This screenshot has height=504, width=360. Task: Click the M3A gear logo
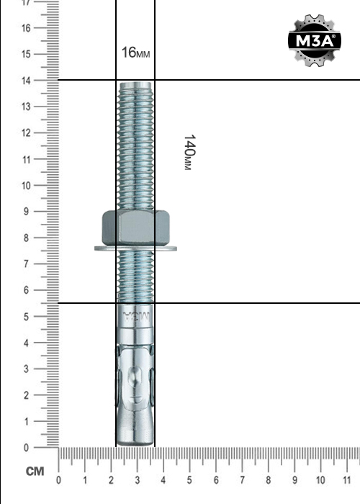coord(315,40)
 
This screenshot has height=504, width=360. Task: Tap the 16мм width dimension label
coord(135,53)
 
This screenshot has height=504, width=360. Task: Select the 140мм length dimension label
coord(189,152)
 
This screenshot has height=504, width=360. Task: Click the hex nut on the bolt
coord(135,228)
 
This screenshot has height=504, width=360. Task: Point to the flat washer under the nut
coord(135,248)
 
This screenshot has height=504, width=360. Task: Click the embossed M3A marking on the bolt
coord(136,317)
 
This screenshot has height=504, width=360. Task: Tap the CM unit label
coord(35,472)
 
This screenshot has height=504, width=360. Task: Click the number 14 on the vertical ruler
coord(26,81)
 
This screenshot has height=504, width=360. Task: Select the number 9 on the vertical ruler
coord(26,212)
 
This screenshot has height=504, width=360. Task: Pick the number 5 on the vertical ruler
coord(26,317)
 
